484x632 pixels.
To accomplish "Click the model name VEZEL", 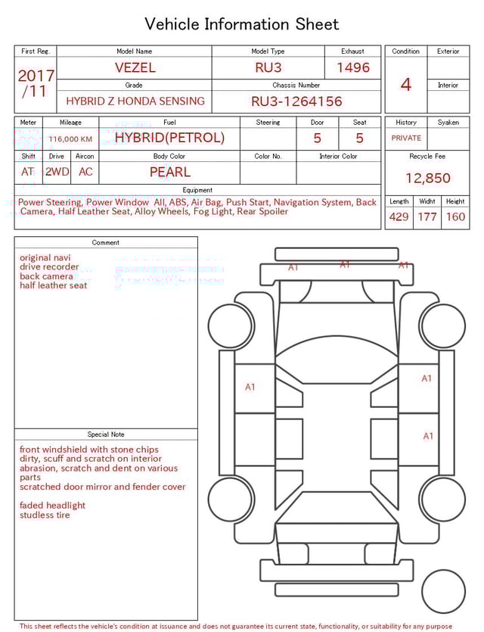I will (x=135, y=67).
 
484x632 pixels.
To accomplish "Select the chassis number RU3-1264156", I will (x=296, y=101).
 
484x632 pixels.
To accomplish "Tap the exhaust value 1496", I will (x=353, y=67).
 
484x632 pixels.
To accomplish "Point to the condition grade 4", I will (x=405, y=84).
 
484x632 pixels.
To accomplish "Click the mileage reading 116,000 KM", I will (x=70, y=139).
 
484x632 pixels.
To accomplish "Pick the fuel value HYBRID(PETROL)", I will (x=169, y=138).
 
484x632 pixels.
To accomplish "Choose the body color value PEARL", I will (x=169, y=172).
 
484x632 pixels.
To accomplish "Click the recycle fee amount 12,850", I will (x=427, y=179).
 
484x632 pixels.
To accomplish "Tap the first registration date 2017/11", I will (x=36, y=83).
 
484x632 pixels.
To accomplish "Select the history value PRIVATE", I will (x=406, y=138).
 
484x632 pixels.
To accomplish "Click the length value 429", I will (x=399, y=217).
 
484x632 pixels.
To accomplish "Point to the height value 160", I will (x=455, y=217).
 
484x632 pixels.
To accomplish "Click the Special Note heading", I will (x=106, y=434).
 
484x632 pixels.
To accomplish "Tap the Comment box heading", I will (x=106, y=243).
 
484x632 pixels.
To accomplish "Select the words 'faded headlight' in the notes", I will (x=52, y=506).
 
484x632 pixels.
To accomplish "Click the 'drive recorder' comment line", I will (x=49, y=267).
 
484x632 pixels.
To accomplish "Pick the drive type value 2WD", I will (x=57, y=172).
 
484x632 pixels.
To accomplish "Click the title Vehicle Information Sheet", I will (x=242, y=24).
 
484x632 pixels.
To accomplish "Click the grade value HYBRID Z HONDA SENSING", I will (x=135, y=101).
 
